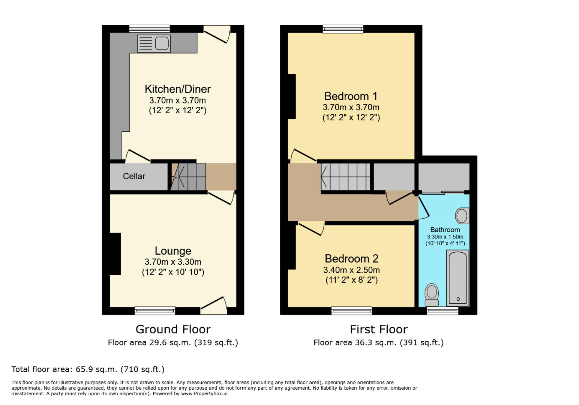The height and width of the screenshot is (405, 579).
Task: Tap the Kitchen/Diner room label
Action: tap(177, 89)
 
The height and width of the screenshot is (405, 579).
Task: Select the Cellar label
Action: tap(134, 176)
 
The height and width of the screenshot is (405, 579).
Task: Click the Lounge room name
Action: tap(173, 251)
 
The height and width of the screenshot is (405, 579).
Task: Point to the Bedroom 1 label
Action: tap(351, 96)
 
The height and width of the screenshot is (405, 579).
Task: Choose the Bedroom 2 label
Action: tap(351, 259)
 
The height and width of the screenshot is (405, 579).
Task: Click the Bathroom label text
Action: tap(445, 230)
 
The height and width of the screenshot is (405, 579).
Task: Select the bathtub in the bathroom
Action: tap(457, 277)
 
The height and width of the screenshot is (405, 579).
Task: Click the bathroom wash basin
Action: tap(462, 216)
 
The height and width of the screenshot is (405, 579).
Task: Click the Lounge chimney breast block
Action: tap(115, 254)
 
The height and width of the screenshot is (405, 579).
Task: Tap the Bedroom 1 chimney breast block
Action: tap(292, 97)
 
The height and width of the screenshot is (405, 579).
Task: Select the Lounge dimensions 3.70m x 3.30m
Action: tap(173, 262)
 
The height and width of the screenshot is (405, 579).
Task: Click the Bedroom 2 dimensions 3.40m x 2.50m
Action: tap(351, 270)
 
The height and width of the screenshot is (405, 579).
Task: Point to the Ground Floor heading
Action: tap(173, 329)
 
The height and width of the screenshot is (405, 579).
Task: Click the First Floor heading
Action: tap(378, 329)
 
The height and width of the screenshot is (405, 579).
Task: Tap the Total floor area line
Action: tap(88, 369)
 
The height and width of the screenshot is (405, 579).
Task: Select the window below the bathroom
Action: tap(442, 310)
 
